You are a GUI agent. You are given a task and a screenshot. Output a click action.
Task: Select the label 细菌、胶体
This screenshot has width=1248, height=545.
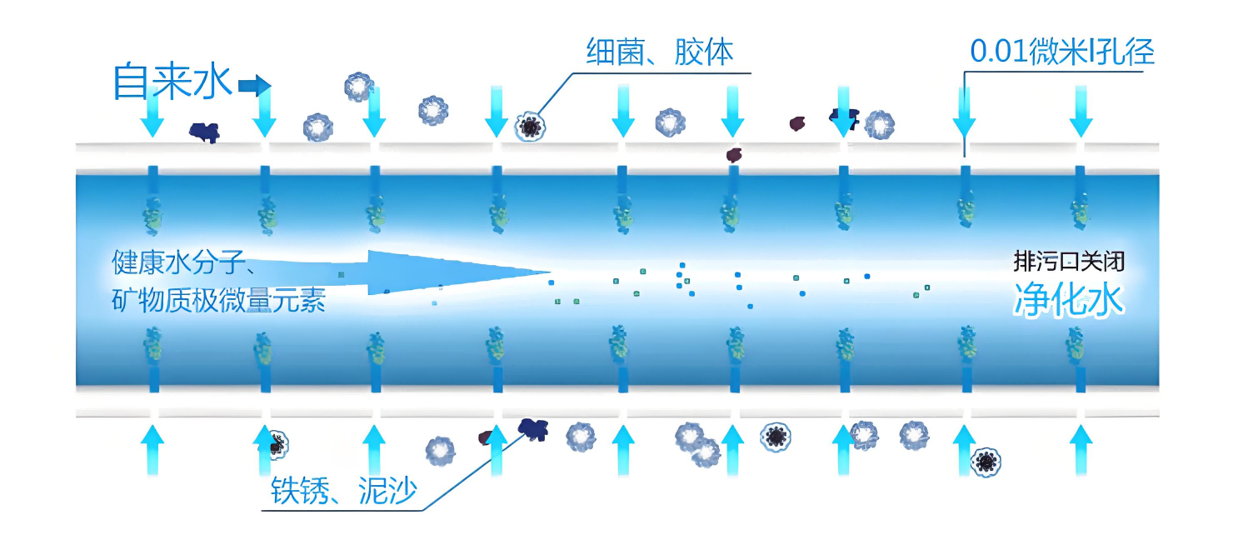[660, 52]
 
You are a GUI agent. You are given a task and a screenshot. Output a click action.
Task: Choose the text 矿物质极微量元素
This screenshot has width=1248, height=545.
[218, 299]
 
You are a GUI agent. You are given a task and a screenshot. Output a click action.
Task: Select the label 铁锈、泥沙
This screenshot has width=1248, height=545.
[343, 491]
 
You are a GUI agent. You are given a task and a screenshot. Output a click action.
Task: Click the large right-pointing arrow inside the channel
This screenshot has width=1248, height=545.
[450, 272]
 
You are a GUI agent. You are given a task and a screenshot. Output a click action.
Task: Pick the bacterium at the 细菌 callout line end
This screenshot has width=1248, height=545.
[528, 127]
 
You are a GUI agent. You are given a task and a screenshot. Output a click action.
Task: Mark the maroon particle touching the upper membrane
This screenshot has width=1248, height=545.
[733, 154]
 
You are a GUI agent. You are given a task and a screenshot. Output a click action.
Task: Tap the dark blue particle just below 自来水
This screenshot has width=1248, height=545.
[203, 131]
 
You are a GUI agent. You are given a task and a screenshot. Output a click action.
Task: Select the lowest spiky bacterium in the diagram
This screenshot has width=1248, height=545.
[986, 460]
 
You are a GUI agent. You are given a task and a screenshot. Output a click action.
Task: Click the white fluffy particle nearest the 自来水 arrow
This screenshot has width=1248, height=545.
[359, 86]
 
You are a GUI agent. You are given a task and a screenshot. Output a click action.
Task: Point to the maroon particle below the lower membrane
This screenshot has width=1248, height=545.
[487, 437]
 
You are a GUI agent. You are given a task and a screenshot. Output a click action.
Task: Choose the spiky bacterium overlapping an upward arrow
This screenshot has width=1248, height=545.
[274, 442]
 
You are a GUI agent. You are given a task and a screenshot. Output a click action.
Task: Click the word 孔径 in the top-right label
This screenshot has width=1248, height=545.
[1131, 52]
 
